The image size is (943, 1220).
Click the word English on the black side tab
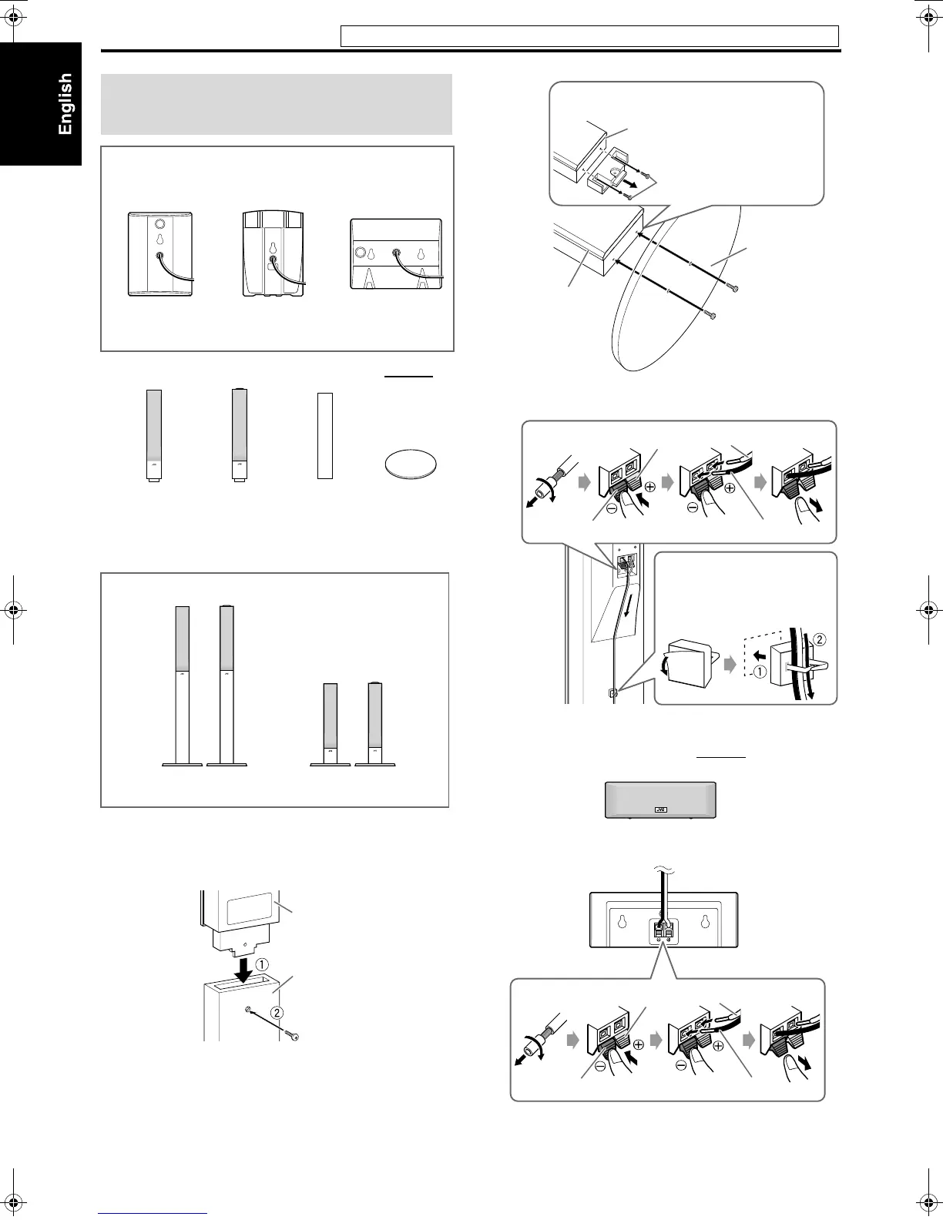[x=65, y=103]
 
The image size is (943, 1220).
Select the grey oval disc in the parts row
[x=410, y=465]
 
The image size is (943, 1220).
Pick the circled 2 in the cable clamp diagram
[x=820, y=638]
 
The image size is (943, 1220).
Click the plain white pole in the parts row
[x=325, y=435]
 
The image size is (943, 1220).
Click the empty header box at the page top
[x=589, y=36]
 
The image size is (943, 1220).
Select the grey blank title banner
[x=277, y=104]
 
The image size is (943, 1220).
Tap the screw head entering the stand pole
[x=293, y=1036]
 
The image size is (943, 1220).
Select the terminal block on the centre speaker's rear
[x=663, y=932]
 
